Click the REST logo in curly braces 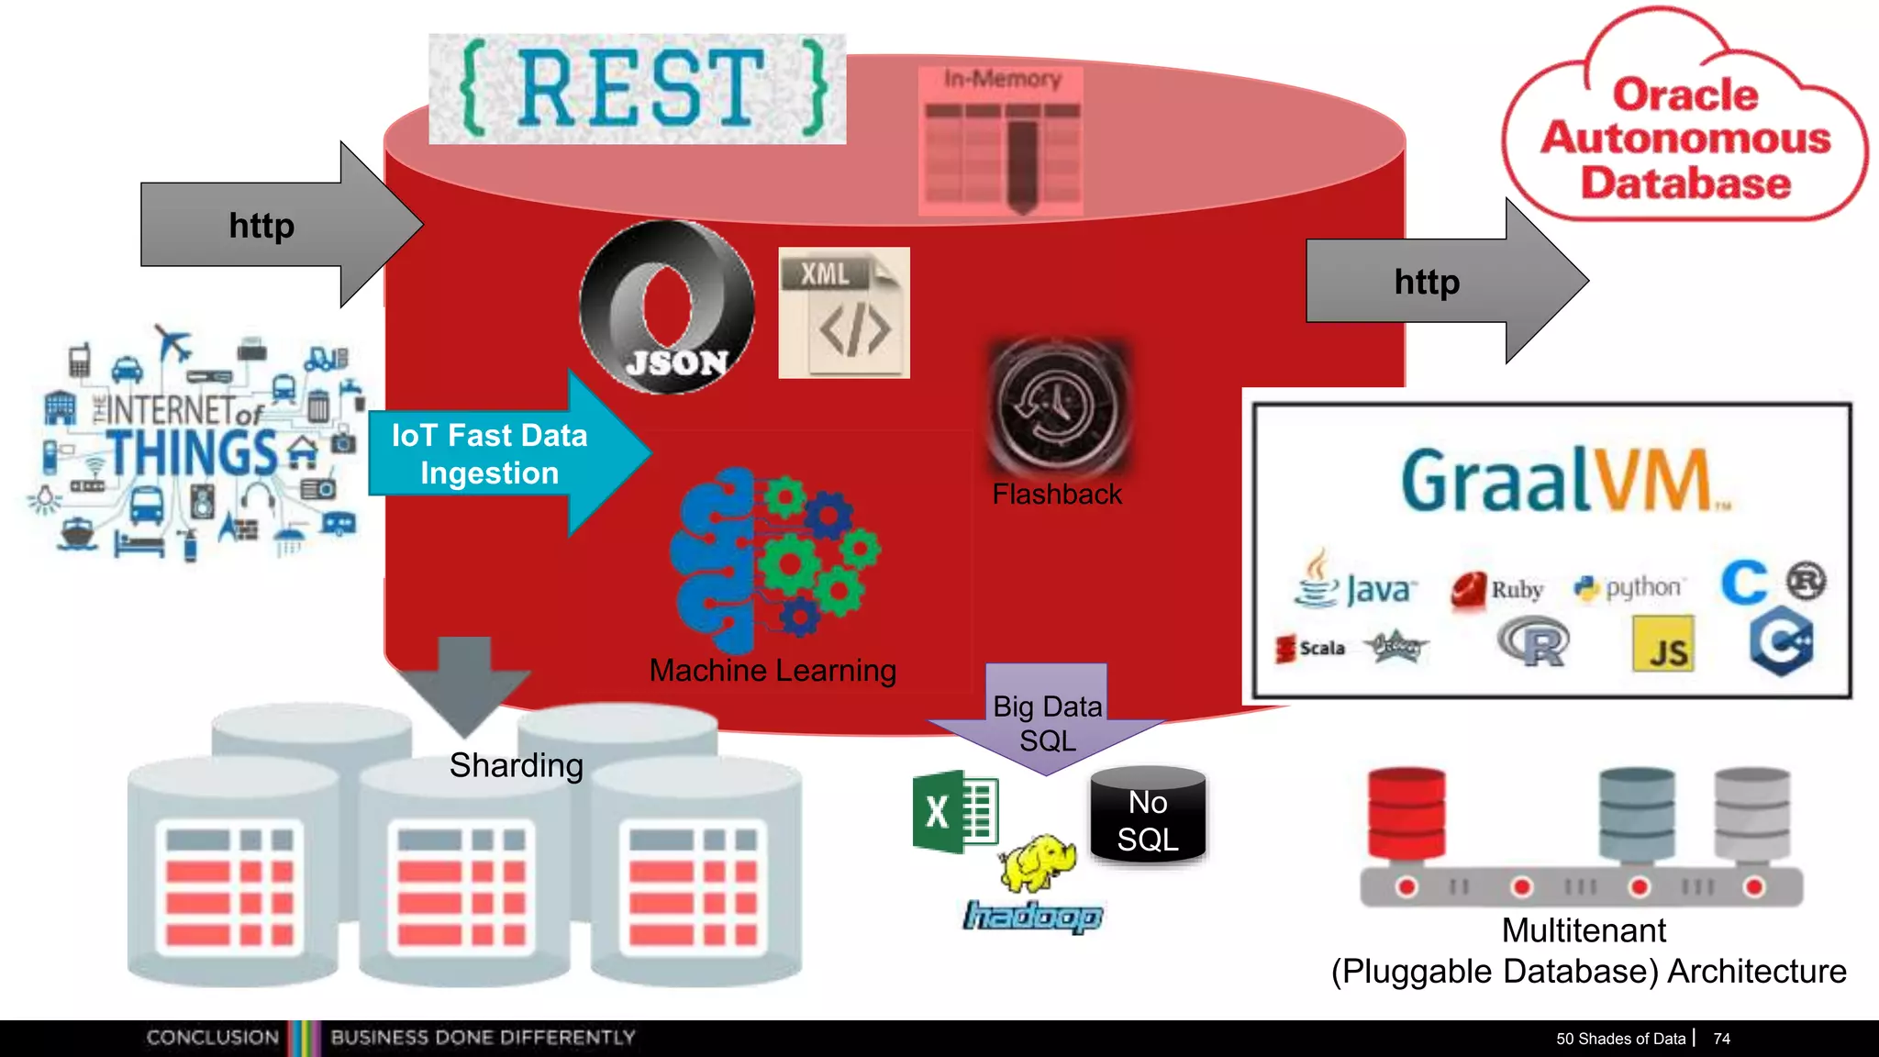tap(637, 89)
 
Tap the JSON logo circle tap(667, 307)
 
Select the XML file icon tap(844, 313)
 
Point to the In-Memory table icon tap(1001, 142)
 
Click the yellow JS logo tap(1663, 645)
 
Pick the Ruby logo tap(1497, 589)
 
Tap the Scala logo tap(1310, 648)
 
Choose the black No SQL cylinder tap(1148, 817)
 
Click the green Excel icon tap(955, 811)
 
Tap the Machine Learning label tap(773, 671)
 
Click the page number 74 tap(1721, 1039)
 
